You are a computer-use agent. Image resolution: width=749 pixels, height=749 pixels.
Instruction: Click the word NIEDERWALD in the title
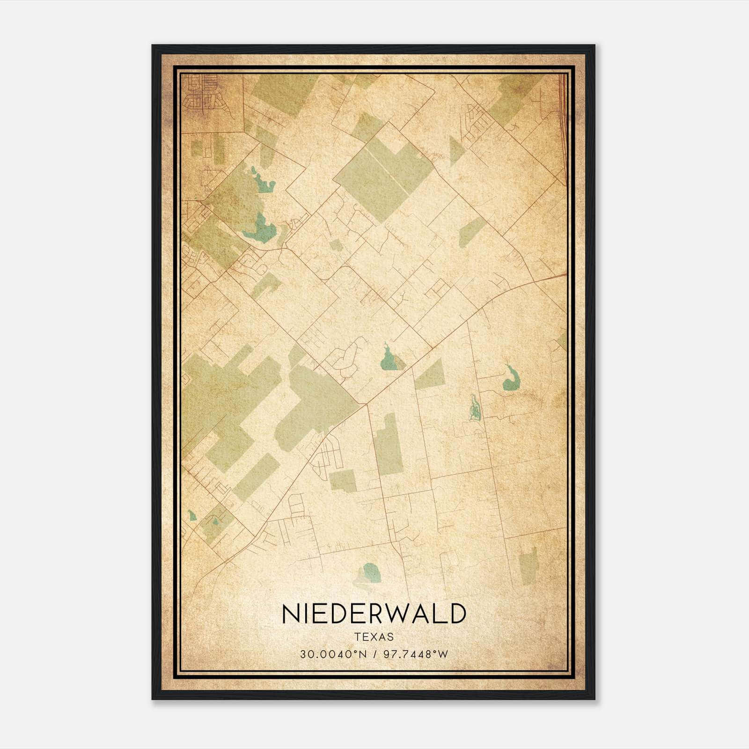374,614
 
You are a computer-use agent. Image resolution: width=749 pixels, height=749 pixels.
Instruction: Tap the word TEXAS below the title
374,637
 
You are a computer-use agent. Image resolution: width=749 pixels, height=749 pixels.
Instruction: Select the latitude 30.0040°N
334,654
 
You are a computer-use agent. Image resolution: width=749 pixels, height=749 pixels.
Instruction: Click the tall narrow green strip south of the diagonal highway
389,445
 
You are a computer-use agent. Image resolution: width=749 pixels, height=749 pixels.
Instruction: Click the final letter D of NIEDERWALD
458,614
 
